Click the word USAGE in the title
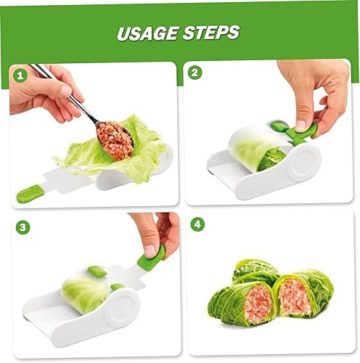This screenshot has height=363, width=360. (x=150, y=33)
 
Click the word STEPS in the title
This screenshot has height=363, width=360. (x=213, y=33)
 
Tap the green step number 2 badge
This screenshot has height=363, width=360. (x=195, y=73)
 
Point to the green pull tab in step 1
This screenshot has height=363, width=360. (x=30, y=193)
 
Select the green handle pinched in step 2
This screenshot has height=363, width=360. (x=299, y=134)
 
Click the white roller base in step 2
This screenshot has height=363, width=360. (x=290, y=174)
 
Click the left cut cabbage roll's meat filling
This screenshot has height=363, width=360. (x=257, y=303)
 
